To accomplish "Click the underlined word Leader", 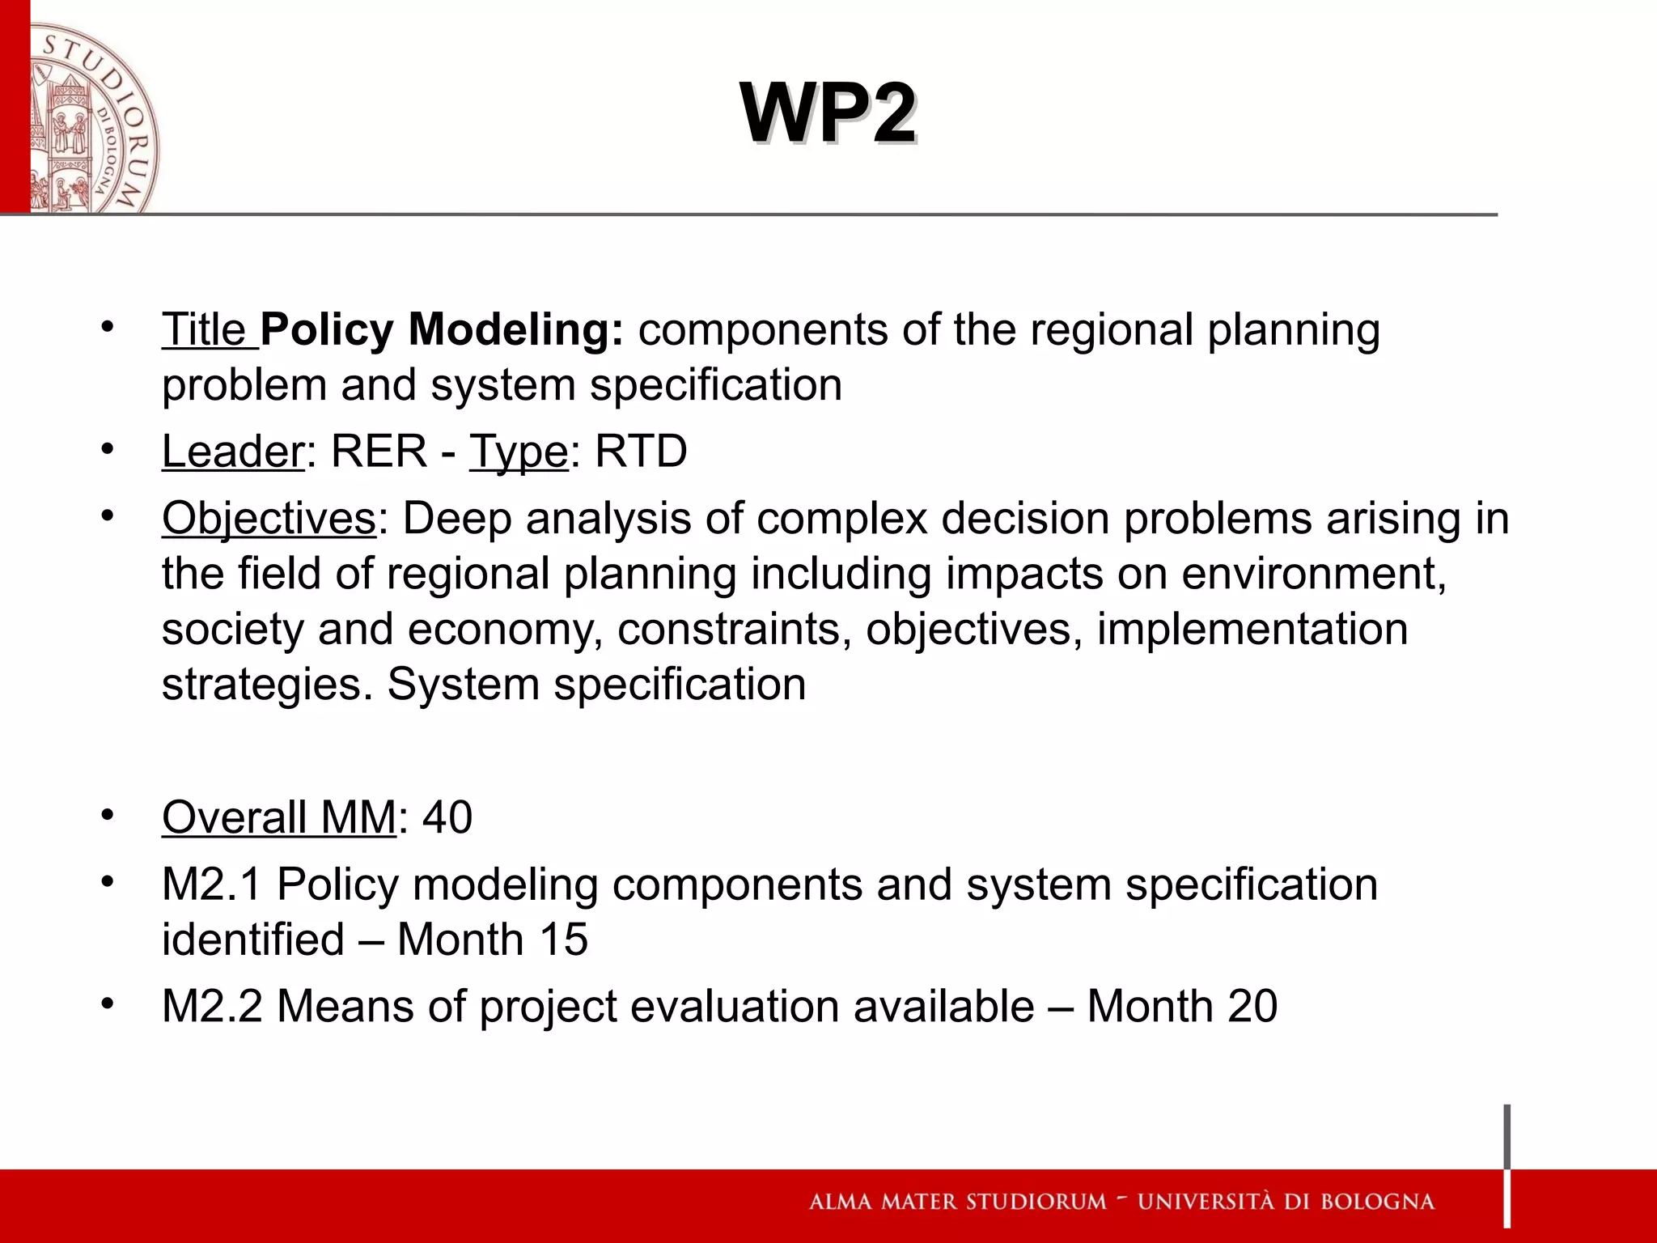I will [233, 452].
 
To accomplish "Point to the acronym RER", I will [379, 452].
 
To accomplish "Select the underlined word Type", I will [519, 452].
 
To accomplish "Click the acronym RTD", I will [641, 452].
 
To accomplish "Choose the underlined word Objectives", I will [269, 519].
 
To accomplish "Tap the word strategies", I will [266, 685].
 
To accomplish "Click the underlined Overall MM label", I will [279, 817].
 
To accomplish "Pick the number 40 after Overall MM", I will [447, 817].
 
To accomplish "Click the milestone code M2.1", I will [212, 885].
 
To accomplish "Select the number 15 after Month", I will [563, 940].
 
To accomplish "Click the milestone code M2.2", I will [212, 1008].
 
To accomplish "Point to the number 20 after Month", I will [1252, 1008].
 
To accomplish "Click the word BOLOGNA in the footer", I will [1377, 1202].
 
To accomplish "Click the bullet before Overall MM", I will [108, 815].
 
